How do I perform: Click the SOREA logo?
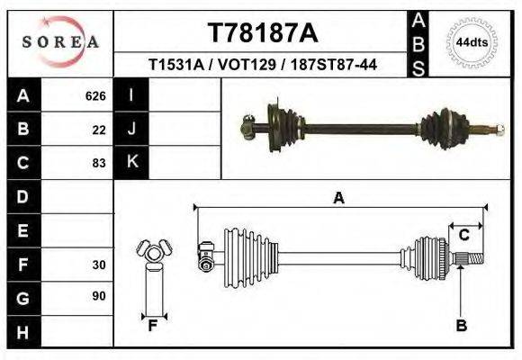point(59,42)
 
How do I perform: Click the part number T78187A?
point(262,33)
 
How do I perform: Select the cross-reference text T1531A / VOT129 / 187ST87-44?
point(262,66)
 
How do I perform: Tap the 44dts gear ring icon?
point(472,42)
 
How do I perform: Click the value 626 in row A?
point(95,95)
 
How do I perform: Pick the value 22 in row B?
point(99,130)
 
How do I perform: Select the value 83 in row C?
point(99,164)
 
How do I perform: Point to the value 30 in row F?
point(99,265)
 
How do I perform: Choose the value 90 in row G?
point(99,296)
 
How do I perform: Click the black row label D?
point(22,197)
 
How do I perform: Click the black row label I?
point(131,95)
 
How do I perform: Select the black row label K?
point(131,163)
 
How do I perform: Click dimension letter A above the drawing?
point(338,198)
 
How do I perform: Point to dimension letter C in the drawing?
point(463,236)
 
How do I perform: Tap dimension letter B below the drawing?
point(461,326)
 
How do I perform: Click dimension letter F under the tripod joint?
point(153,326)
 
